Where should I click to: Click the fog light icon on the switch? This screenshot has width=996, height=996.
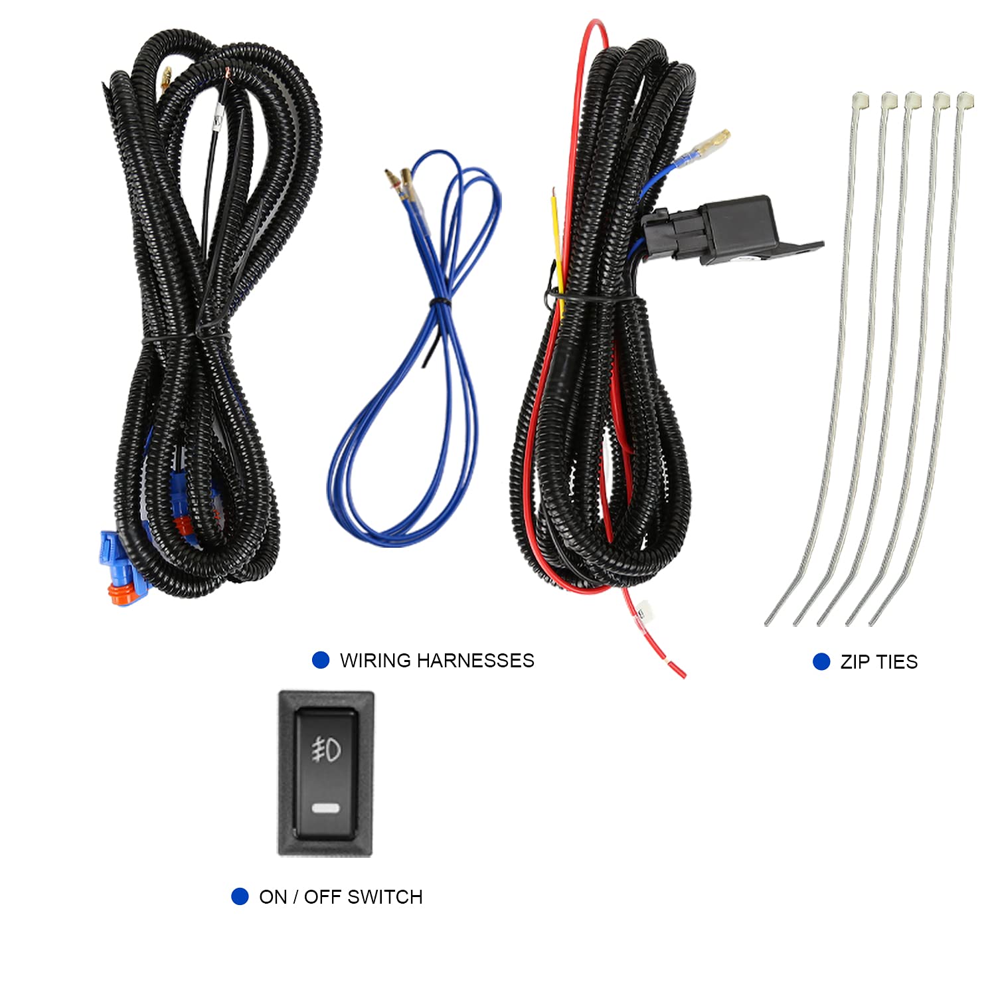pyautogui.click(x=326, y=750)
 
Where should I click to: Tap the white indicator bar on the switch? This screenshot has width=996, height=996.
pyautogui.click(x=325, y=809)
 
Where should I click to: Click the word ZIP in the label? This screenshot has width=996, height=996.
pyautogui.click(x=855, y=662)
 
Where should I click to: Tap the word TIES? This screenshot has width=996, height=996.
pyautogui.click(x=897, y=662)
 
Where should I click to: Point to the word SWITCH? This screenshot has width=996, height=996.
pyautogui.click(x=385, y=897)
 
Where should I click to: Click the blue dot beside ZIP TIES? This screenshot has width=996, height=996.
pyautogui.click(x=821, y=661)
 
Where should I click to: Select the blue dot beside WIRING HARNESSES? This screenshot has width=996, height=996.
pyautogui.click(x=321, y=660)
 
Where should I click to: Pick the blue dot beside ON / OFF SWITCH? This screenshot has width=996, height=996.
pyautogui.click(x=240, y=896)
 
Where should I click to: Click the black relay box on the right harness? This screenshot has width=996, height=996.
pyautogui.click(x=737, y=228)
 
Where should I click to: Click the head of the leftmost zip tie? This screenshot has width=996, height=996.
pyautogui.click(x=861, y=100)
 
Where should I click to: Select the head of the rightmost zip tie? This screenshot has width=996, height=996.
pyautogui.click(x=965, y=101)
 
